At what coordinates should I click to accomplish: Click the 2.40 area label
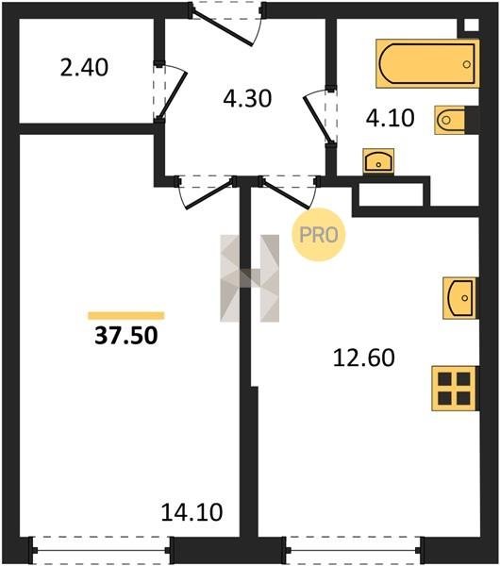click(x=84, y=68)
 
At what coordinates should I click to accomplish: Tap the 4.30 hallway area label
click(x=247, y=98)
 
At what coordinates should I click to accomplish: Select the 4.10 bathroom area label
click(x=390, y=118)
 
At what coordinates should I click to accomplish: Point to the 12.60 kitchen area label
click(x=364, y=358)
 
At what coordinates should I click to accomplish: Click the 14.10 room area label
click(x=192, y=512)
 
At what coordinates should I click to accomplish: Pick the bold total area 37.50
click(x=126, y=335)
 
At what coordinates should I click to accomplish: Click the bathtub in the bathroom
click(x=427, y=63)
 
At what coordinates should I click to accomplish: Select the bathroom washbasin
click(x=378, y=161)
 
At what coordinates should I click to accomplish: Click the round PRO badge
click(x=319, y=235)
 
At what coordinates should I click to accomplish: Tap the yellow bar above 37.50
click(x=126, y=316)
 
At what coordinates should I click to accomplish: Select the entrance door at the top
click(x=227, y=23)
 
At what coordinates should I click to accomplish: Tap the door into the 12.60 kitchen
click(x=289, y=191)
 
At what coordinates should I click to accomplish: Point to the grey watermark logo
click(x=249, y=278)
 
